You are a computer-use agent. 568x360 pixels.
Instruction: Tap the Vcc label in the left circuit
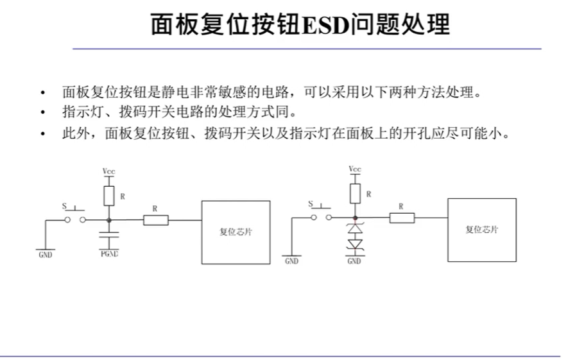click(109, 172)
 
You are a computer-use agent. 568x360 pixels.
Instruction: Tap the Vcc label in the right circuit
click(355, 169)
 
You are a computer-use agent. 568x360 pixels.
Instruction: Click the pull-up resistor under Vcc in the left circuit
click(109, 195)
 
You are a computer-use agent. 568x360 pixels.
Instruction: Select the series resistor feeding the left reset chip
click(155, 220)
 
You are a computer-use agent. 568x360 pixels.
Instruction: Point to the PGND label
click(109, 254)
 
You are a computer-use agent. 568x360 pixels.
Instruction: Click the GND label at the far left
click(46, 255)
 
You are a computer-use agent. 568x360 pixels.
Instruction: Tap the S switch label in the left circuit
click(64, 206)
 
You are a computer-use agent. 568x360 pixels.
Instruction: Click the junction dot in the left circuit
click(109, 220)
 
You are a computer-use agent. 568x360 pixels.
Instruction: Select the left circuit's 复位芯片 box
click(236, 231)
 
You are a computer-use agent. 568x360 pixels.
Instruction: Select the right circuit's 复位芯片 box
click(482, 229)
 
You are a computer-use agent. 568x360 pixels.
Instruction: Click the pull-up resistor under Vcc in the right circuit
click(355, 192)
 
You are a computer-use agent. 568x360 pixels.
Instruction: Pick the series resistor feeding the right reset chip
click(401, 218)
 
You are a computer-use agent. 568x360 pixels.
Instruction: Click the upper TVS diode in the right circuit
click(355, 228)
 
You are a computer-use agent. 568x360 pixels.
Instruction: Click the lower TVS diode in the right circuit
click(355, 244)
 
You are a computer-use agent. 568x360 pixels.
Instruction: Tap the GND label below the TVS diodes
click(354, 261)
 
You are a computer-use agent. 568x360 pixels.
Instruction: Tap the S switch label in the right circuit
click(311, 203)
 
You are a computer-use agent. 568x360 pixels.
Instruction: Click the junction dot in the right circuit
click(355, 218)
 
